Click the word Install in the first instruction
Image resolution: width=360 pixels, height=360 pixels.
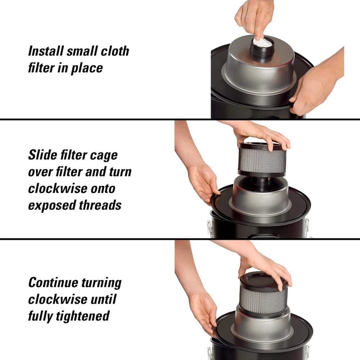tap(46, 51)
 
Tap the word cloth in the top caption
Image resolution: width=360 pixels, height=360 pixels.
tap(115, 51)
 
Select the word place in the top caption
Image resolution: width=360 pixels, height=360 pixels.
tap(87, 68)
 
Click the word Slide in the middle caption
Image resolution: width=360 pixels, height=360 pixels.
tap(42, 155)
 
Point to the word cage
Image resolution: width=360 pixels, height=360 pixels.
tap(104, 156)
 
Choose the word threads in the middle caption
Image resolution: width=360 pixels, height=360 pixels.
tap(100, 205)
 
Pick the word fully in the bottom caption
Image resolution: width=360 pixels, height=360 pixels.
tap(41, 316)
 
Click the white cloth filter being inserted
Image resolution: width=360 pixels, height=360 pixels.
tap(262, 43)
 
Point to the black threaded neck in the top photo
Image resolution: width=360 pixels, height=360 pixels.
tap(262, 51)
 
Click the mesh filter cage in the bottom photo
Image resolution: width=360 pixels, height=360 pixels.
tap(263, 297)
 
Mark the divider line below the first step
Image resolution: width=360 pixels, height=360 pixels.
tap(180, 120)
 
